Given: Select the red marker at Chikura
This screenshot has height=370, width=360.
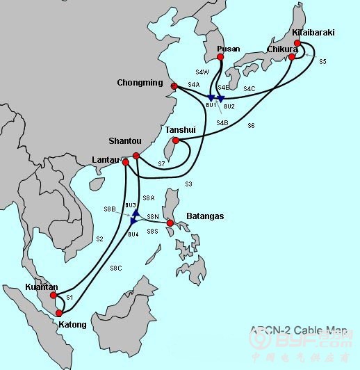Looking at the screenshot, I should (x=293, y=57).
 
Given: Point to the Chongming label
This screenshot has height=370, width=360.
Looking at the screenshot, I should (x=140, y=83).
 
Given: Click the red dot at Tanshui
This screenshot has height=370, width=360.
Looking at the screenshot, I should (x=176, y=141).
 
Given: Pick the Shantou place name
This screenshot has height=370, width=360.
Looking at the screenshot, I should (x=125, y=141).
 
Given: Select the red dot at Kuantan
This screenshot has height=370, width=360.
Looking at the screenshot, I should (x=54, y=296).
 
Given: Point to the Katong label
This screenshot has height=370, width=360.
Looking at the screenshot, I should (x=72, y=325).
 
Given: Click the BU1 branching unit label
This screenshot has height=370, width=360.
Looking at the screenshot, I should (x=211, y=104).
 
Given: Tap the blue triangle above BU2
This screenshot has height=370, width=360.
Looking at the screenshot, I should (x=220, y=99).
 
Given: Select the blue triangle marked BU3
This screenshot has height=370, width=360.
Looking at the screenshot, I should (x=137, y=213).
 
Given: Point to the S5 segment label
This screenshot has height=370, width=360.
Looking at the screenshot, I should (x=322, y=63).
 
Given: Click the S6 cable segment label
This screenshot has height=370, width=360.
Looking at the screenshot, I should (x=251, y=125).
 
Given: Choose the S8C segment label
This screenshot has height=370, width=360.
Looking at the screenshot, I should (x=116, y=268).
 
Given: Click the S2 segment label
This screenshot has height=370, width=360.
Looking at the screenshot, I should (x=99, y=239).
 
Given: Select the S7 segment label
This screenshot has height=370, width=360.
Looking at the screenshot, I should (x=161, y=163).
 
